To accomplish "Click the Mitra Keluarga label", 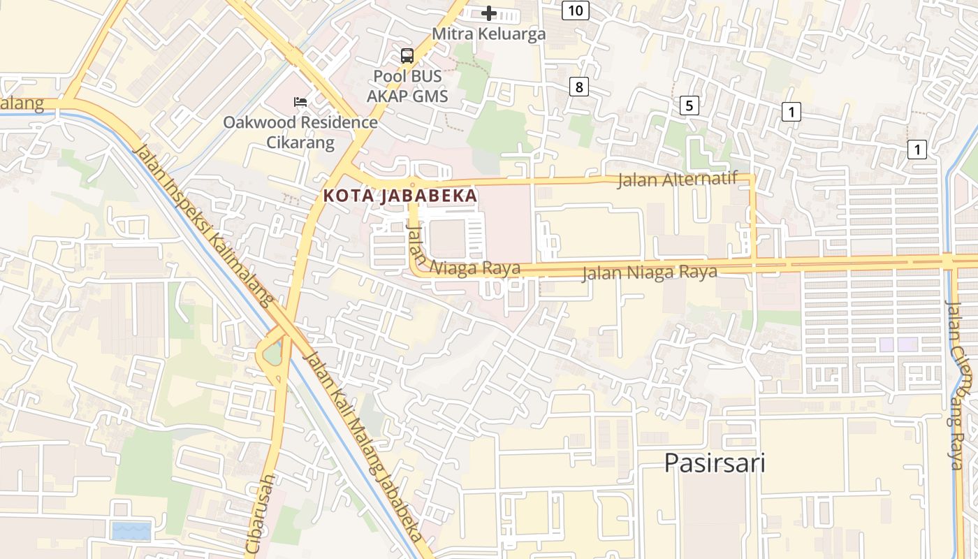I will pyautogui.click(x=488, y=34).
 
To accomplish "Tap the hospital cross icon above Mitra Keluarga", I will pyautogui.click(x=489, y=13).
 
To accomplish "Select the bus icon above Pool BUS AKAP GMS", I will pyautogui.click(x=407, y=56).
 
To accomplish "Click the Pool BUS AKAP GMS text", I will pyautogui.click(x=407, y=86).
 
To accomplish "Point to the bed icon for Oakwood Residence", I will pyautogui.click(x=300, y=102).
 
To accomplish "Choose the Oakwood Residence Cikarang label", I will pyautogui.click(x=300, y=133).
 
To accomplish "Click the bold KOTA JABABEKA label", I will pyautogui.click(x=400, y=196).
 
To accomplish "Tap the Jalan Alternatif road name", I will pyautogui.click(x=677, y=180).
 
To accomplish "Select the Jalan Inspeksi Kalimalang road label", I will pyautogui.click(x=202, y=225).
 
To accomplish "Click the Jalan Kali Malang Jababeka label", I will pyautogui.click(x=363, y=446).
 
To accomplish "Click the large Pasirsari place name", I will pyautogui.click(x=714, y=463).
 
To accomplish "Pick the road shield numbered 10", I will pyautogui.click(x=575, y=10).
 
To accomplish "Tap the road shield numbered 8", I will pyautogui.click(x=578, y=87).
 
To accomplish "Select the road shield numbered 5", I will pyautogui.click(x=689, y=106).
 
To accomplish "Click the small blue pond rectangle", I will pyautogui.click(x=131, y=531).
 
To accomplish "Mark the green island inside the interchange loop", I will pyautogui.click(x=272, y=355).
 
